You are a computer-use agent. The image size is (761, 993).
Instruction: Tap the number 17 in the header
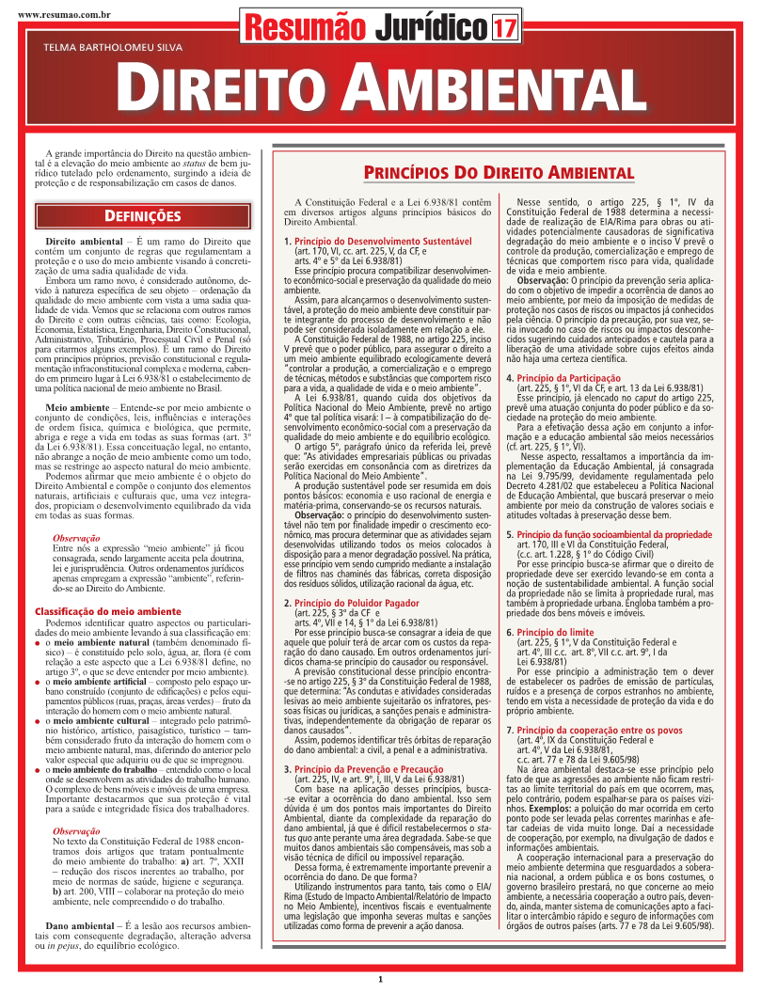[504, 28]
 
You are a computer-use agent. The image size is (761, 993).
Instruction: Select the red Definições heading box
[142, 216]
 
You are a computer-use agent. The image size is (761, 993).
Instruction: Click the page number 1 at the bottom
[381, 979]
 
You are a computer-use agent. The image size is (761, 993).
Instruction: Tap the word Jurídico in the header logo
[431, 28]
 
